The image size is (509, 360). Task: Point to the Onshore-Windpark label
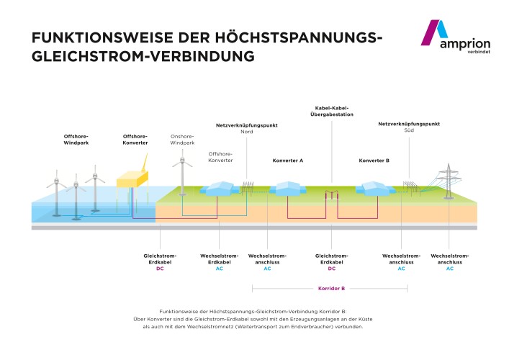point(183,139)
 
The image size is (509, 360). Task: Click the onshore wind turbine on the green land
point(183,173)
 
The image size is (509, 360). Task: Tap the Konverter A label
point(287,160)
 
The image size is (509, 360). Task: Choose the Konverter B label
point(374,160)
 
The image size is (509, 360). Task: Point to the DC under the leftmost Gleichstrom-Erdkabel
point(160,269)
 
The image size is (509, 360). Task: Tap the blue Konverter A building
point(283,189)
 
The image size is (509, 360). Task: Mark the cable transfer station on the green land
point(332,194)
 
